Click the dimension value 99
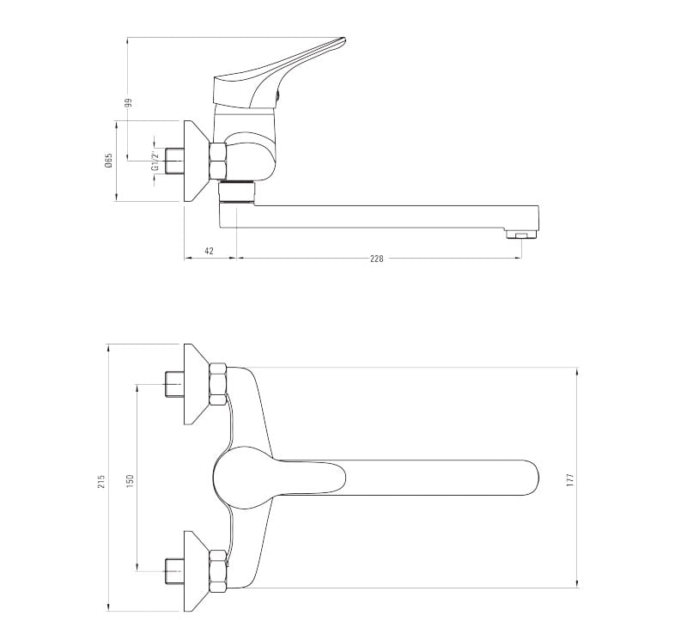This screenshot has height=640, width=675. (128, 103)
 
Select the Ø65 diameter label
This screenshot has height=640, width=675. (109, 161)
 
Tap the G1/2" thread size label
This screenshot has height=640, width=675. (155, 161)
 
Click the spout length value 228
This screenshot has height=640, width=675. (376, 257)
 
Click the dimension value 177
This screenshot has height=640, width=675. (569, 478)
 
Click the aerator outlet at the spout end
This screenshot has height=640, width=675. (520, 234)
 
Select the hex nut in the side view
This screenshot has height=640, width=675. (217, 160)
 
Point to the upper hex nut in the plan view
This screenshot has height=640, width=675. (218, 384)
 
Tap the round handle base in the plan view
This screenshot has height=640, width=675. (236, 477)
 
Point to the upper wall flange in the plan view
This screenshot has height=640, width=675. (196, 384)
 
